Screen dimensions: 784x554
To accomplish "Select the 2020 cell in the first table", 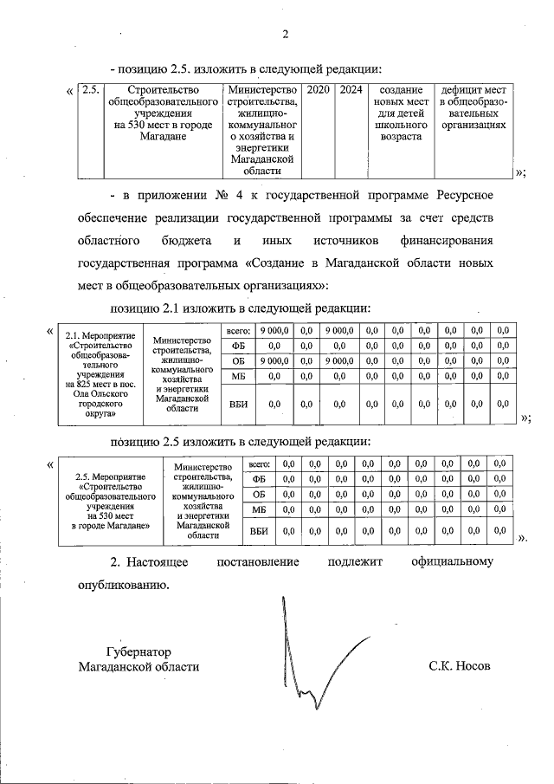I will coord(318,90).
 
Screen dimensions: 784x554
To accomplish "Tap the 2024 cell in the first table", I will coord(350,90).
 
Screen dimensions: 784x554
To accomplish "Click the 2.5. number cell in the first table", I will coord(90,90).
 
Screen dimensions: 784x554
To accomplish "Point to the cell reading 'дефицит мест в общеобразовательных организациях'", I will coord(473,107).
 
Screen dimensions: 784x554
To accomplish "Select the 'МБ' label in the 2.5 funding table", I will coord(258,509).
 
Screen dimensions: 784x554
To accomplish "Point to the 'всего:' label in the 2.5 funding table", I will coord(259,464).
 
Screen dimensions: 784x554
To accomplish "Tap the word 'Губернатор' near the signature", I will coord(138,651).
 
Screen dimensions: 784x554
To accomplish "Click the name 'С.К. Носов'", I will coord(459,666).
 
